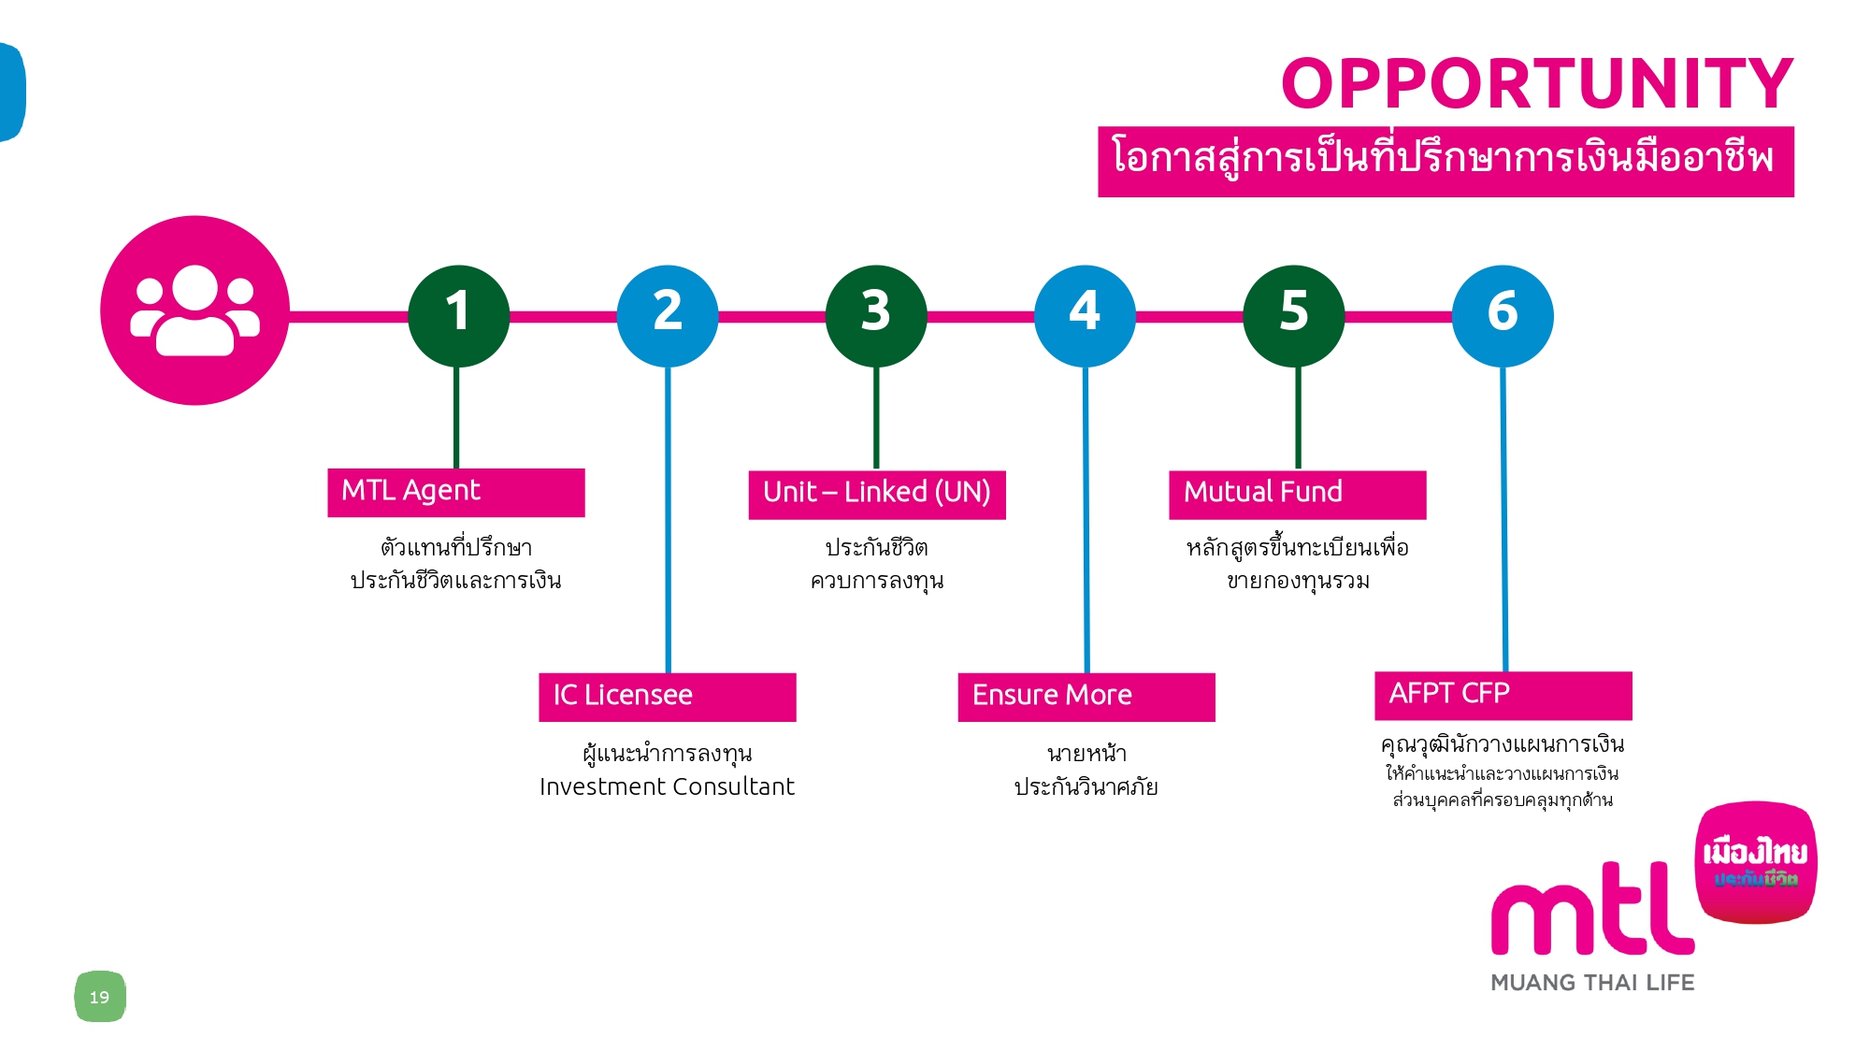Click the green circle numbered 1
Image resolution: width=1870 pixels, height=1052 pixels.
(458, 316)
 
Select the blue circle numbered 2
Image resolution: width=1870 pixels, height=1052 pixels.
(668, 316)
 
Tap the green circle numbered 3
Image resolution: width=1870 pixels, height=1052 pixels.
(876, 316)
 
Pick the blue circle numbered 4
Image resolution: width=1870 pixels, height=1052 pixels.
(1085, 316)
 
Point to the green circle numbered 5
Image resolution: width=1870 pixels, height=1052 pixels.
(1294, 316)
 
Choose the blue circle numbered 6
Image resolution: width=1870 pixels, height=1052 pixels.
(1503, 316)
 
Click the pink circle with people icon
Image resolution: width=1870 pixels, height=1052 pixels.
(194, 310)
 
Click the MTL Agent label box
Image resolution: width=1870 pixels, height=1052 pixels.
(456, 492)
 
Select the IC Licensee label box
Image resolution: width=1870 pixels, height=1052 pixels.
(668, 697)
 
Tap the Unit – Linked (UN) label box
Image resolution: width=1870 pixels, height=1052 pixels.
(877, 495)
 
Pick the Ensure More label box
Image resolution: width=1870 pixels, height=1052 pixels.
(1086, 697)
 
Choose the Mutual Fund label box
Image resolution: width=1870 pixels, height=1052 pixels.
(1298, 495)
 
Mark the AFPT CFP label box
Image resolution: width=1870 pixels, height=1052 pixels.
(1503, 696)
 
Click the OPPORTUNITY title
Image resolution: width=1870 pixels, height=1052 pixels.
(1537, 83)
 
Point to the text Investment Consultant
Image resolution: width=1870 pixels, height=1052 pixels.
(667, 786)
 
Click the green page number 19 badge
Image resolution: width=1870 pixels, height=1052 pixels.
(100, 997)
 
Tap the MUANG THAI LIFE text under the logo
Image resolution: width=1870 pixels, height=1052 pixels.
(1592, 983)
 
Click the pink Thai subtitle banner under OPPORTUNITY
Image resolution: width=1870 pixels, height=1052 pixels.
(1446, 162)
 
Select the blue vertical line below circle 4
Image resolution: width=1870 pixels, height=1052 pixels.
(1086, 520)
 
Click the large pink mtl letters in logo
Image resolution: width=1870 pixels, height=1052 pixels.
(1592, 908)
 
